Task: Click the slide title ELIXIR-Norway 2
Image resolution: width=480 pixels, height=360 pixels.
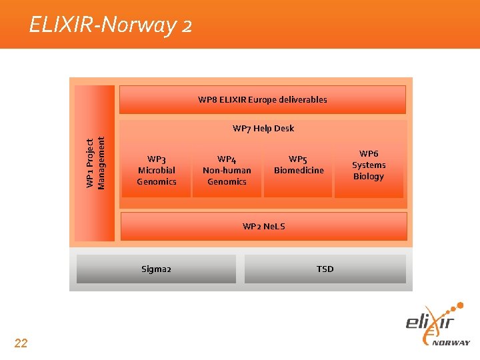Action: coord(111,25)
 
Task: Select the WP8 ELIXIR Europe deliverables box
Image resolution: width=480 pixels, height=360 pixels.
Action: coord(262,100)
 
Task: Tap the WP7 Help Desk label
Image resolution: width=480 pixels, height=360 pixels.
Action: coord(263,128)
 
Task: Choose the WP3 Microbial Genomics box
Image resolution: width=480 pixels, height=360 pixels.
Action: coord(157,171)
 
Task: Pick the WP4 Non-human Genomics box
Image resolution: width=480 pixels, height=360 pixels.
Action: coord(227,171)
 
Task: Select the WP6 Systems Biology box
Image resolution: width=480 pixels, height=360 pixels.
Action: coord(369,165)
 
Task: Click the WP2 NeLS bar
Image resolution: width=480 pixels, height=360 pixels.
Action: coord(263,226)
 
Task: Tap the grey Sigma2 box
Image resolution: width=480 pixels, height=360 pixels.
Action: coord(156,269)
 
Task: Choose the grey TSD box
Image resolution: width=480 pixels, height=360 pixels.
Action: coord(325,269)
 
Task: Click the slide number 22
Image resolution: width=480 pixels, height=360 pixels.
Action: coord(21,343)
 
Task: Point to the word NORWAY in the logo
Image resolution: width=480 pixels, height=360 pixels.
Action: coord(451,343)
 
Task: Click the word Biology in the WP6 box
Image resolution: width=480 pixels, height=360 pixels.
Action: coord(369,177)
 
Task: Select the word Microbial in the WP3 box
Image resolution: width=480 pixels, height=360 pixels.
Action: coord(157,170)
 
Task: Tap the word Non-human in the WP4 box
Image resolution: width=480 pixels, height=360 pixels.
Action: coord(227,170)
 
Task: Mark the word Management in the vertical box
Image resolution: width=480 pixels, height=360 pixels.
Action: coord(101,162)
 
